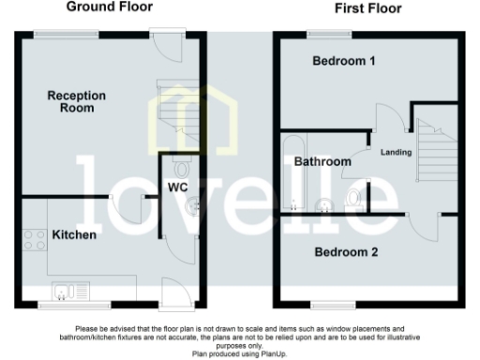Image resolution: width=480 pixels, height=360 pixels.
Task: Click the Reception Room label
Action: (77, 101)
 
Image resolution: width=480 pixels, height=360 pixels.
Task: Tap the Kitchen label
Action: (74, 234)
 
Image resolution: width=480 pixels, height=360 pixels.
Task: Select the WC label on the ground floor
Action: (179, 187)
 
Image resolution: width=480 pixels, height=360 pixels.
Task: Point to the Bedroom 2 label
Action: (346, 252)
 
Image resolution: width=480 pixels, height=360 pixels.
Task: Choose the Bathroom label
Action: (322, 162)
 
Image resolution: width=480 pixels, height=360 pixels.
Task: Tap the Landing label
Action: (396, 151)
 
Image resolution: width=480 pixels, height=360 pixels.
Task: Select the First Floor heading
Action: (367, 8)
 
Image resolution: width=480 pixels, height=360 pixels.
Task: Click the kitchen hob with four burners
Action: (36, 239)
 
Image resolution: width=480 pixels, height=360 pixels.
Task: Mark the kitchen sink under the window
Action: (64, 292)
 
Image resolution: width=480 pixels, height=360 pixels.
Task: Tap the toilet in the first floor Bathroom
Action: (353, 199)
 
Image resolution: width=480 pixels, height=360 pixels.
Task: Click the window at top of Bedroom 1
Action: (328, 34)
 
